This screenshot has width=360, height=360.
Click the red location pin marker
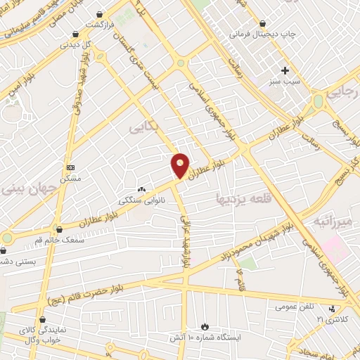[x=181, y=165]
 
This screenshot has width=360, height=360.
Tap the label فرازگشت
[x=101, y=25]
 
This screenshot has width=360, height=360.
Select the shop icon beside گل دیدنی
[x=75, y=33]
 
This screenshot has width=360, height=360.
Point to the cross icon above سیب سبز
[x=285, y=70]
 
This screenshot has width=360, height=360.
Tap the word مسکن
[x=70, y=179]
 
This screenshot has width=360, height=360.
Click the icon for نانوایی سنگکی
[x=142, y=189]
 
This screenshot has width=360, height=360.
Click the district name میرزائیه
[x=330, y=222]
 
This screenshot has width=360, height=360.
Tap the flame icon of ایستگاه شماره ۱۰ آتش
[x=205, y=327]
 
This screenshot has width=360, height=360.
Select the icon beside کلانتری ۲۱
[x=332, y=307]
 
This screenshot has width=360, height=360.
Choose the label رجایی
[x=344, y=92]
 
